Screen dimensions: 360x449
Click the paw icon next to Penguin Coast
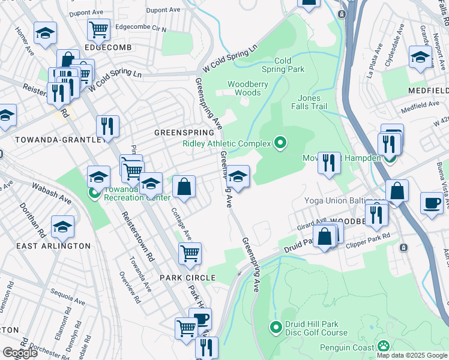pos(384,346)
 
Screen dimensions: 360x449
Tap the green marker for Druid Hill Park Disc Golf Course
pos(276,327)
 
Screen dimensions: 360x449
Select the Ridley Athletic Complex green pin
pos(280,143)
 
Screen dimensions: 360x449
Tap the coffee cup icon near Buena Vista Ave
pos(432,203)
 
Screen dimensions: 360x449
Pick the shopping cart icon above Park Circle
pos(190,254)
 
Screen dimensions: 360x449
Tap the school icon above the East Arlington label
pos(62,227)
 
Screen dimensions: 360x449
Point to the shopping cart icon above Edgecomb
pos(98,28)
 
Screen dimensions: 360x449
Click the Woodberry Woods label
pos(247,88)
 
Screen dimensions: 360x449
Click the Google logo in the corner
pos(20,353)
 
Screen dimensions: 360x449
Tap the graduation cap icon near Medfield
pos(421,56)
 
